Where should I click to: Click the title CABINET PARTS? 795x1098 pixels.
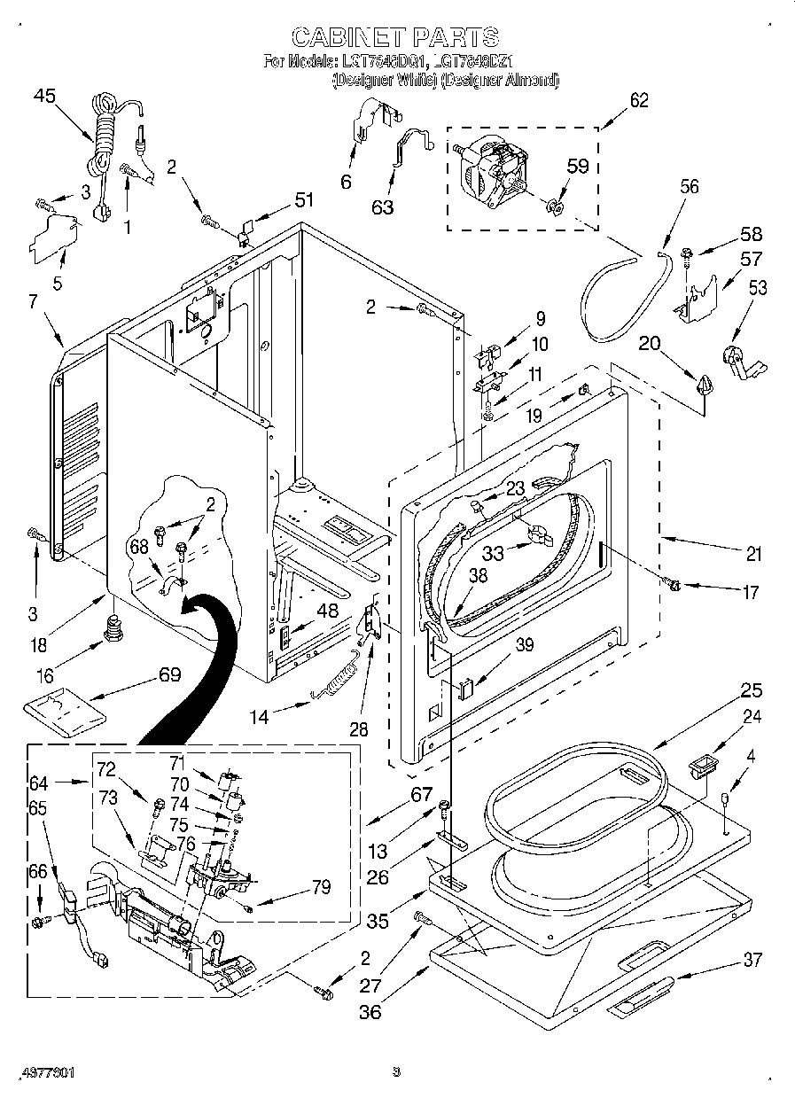click(x=395, y=36)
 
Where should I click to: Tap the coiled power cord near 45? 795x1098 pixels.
click(x=104, y=133)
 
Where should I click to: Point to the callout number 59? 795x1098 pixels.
click(x=578, y=165)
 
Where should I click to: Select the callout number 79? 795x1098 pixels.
click(x=321, y=886)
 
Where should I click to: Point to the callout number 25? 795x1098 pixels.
click(x=751, y=690)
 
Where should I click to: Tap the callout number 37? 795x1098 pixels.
click(x=752, y=959)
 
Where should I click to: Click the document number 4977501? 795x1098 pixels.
click(x=44, y=1072)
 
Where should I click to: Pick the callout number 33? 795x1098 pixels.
click(x=494, y=552)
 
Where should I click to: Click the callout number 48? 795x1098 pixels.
click(x=327, y=610)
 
